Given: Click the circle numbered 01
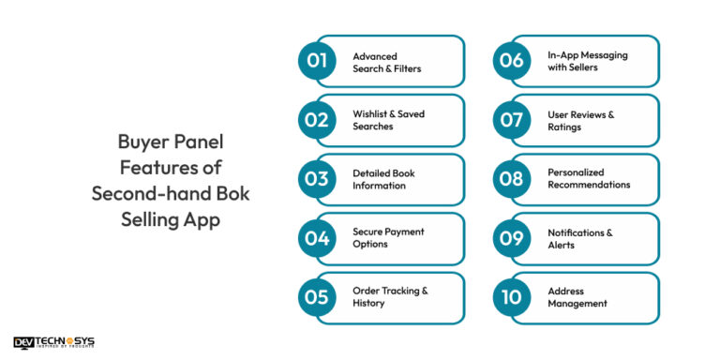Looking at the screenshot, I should pos(317,61).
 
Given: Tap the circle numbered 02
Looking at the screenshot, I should pos(317,120).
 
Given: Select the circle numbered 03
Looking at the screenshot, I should pos(317,179).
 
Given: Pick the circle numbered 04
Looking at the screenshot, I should pos(317,238).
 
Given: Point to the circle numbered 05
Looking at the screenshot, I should pos(317,297).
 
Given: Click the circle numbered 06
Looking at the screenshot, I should pos(512,61).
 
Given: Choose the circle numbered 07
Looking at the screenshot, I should pos(512,120).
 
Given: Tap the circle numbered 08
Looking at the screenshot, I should pos(512,179).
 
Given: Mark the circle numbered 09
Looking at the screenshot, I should pos(512,238).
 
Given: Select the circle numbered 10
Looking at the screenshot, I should pos(512,297).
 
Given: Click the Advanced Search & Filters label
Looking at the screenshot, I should pos(387,62).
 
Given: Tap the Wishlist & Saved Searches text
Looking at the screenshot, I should pos(388,120).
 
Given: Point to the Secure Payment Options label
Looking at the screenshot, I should pos(388,238).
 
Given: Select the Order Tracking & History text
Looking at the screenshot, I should pos(390,297).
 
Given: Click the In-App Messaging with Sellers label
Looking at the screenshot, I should pos(588,62).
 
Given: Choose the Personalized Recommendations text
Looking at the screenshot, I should pos(589,179).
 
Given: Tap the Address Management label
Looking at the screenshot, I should pos(577,297).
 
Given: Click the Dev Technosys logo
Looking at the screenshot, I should pos(54,343).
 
